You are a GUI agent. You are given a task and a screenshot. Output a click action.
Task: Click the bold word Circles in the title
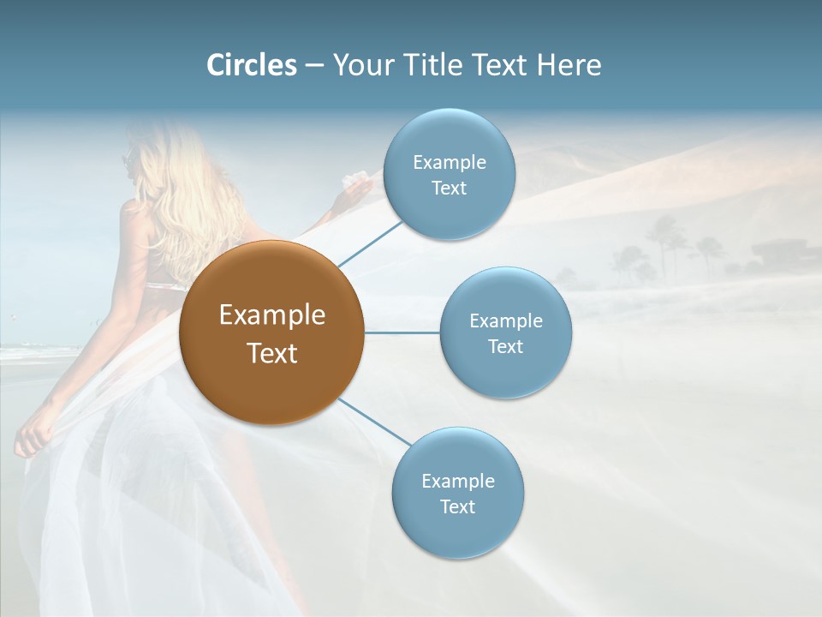tap(252, 65)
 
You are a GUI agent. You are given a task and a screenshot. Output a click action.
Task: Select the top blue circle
tap(449, 137)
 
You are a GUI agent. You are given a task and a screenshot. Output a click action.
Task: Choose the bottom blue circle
tap(457, 531)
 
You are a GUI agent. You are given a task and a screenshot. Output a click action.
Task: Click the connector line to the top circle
tap(369, 243)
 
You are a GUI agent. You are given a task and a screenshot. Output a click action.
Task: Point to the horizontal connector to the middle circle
tap(402, 332)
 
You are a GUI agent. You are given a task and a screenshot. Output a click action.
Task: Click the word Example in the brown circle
tap(271, 315)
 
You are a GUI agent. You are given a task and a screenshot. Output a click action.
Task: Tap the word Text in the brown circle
tap(271, 353)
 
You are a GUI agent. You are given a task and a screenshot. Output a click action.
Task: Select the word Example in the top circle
tap(449, 163)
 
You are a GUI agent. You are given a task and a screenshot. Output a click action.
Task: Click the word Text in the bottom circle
tap(457, 506)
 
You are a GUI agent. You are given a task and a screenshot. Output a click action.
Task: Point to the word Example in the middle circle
tap(505, 321)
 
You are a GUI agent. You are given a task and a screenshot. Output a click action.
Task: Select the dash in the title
tap(314, 65)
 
